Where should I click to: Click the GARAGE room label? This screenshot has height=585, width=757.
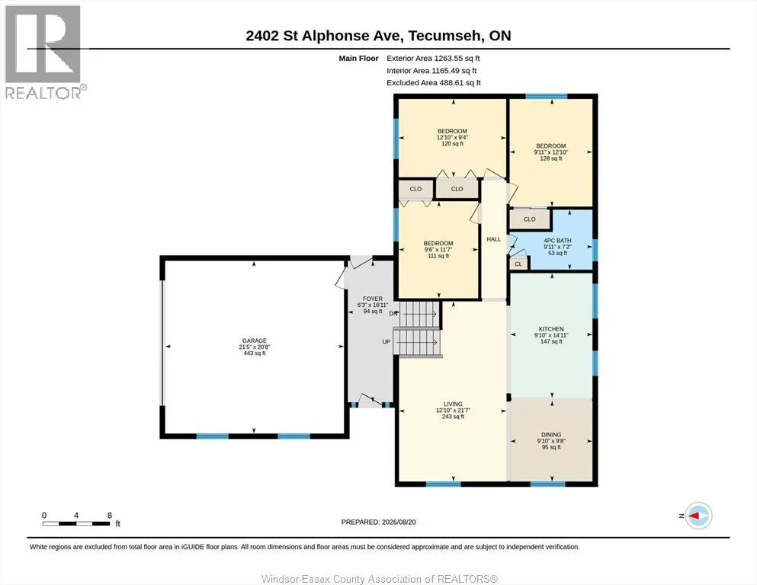coord(255,340)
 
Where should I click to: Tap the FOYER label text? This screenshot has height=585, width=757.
coord(373,299)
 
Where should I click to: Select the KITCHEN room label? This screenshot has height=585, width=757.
coord(551,329)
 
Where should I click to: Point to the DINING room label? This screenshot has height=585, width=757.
coord(551,434)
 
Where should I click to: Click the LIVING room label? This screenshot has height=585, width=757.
coord(453,404)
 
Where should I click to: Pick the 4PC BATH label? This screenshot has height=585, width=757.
coord(557,241)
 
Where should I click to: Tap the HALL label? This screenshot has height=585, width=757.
coord(493,239)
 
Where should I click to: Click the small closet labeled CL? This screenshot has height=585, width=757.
coord(518,264)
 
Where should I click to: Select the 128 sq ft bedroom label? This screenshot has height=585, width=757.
coord(551,146)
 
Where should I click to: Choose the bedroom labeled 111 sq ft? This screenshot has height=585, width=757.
coord(438,244)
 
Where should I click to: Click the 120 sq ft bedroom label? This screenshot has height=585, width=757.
coord(452,131)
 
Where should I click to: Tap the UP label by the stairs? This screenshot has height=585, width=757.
coord(387,342)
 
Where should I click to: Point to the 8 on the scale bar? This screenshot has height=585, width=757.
coord(110,515)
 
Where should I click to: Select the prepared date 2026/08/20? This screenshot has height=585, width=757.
coord(399,522)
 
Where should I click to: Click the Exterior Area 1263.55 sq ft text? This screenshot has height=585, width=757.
coord(433,59)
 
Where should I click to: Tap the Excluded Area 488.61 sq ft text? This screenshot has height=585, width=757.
coord(434,82)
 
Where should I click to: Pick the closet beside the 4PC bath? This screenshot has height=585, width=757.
coord(530,219)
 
